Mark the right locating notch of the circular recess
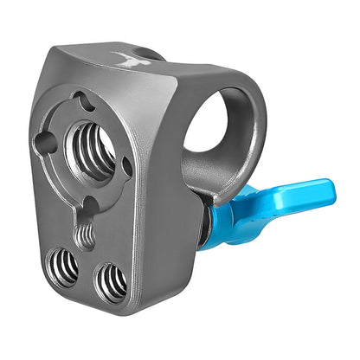click(127, 165)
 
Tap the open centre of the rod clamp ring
click(210, 120)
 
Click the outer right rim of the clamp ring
click(260, 130)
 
